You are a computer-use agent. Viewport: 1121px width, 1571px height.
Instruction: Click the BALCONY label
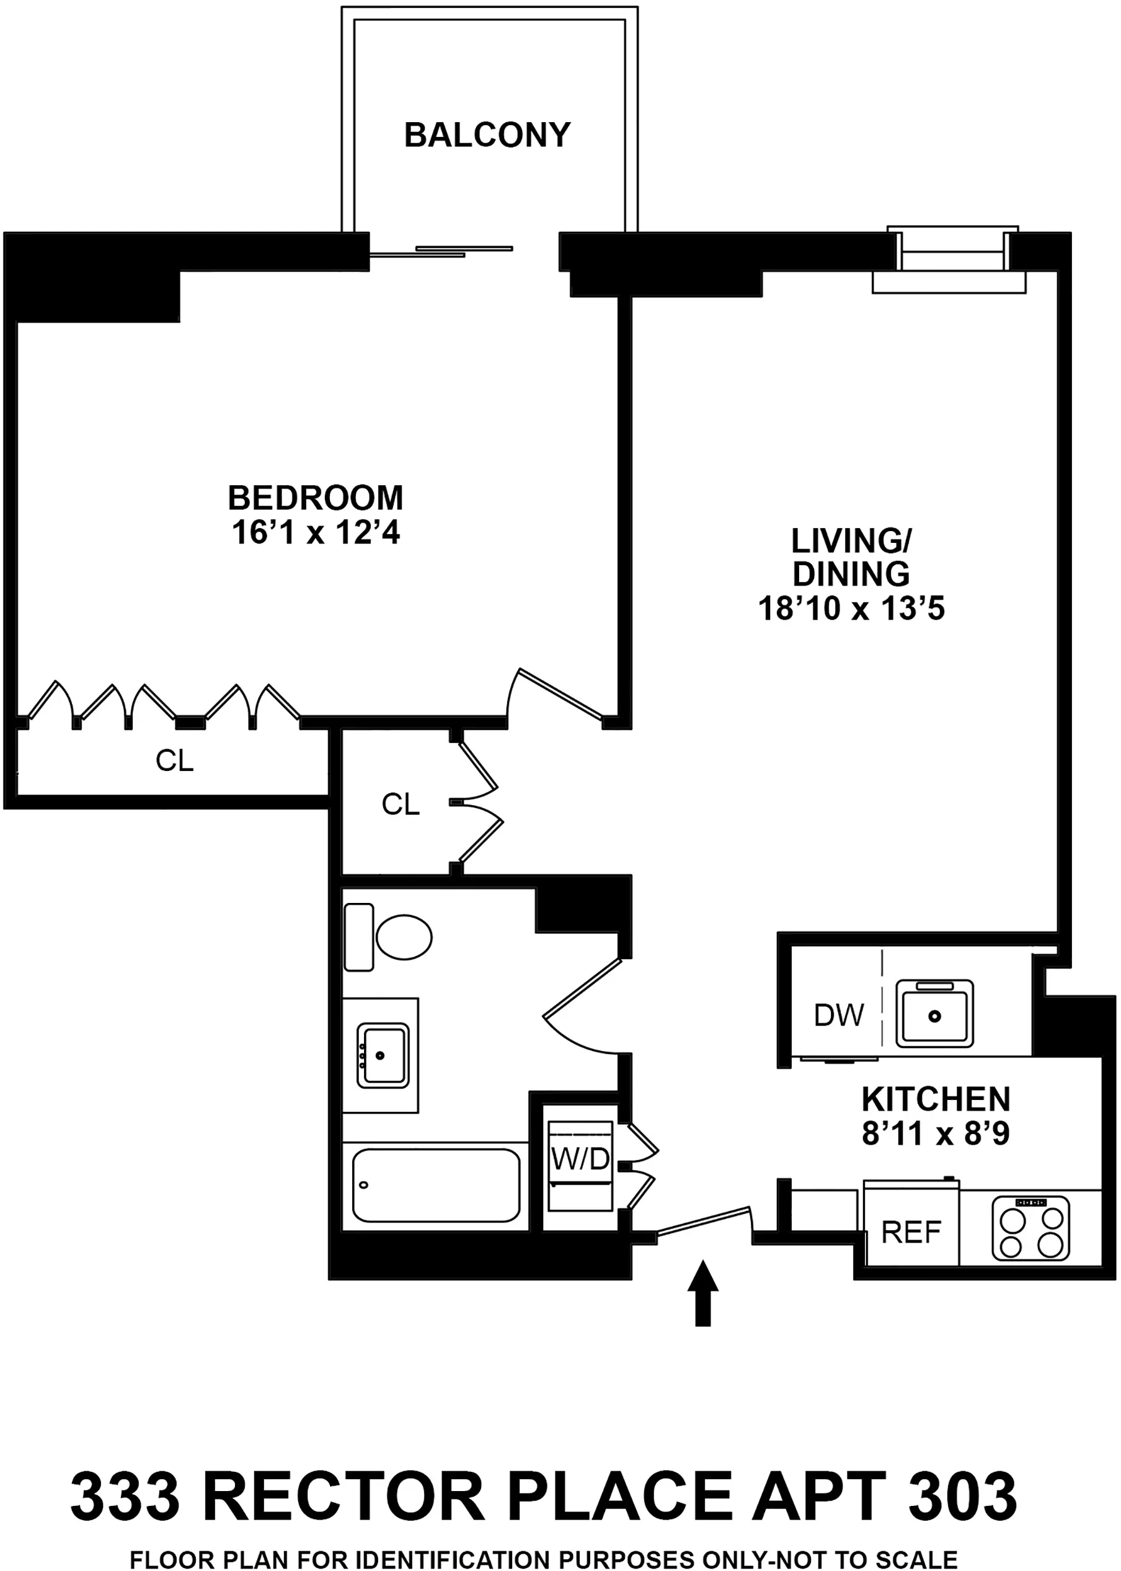(487, 134)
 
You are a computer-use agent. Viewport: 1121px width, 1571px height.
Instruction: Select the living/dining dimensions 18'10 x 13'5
(851, 609)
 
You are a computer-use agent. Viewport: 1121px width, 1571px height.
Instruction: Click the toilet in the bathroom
(403, 938)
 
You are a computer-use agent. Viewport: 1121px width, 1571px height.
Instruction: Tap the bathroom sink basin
(383, 1055)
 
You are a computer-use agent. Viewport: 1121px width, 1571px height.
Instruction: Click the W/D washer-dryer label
(580, 1159)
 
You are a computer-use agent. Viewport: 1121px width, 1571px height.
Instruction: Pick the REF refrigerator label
(911, 1231)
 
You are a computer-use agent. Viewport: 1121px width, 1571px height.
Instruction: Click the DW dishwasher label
(839, 1015)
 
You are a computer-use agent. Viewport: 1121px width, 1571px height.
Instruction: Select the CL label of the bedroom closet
(174, 760)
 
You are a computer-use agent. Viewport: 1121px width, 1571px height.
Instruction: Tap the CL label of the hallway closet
(401, 804)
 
